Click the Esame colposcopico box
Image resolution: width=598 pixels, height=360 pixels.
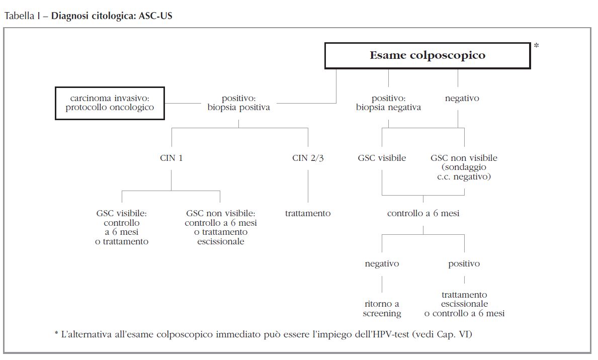click(428, 55)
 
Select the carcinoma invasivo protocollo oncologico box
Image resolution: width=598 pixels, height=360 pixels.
click(110, 103)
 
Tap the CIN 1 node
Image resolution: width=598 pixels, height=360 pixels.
click(171, 158)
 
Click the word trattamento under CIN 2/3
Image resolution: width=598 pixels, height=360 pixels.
click(308, 213)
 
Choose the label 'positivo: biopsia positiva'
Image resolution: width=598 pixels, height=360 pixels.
click(238, 103)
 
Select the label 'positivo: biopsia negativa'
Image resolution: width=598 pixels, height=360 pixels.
click(388, 103)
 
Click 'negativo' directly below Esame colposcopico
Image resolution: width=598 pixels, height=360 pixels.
click(462, 98)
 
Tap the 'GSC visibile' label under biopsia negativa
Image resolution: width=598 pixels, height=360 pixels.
click(382, 158)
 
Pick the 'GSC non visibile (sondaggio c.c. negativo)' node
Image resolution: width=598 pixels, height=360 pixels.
click(464, 167)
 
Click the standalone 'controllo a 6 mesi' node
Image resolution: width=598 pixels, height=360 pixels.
click(423, 213)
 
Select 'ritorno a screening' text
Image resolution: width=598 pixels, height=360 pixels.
click(382, 308)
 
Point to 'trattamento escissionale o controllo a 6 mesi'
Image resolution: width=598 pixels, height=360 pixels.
click(464, 304)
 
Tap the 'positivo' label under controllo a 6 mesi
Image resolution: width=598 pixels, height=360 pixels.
click(464, 263)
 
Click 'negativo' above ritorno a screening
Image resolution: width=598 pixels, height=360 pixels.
click(382, 263)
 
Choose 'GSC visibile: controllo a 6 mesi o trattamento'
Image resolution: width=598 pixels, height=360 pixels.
click(122, 227)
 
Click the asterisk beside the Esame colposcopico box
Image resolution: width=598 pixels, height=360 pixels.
click(536, 46)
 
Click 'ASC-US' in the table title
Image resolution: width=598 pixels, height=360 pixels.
click(157, 16)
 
